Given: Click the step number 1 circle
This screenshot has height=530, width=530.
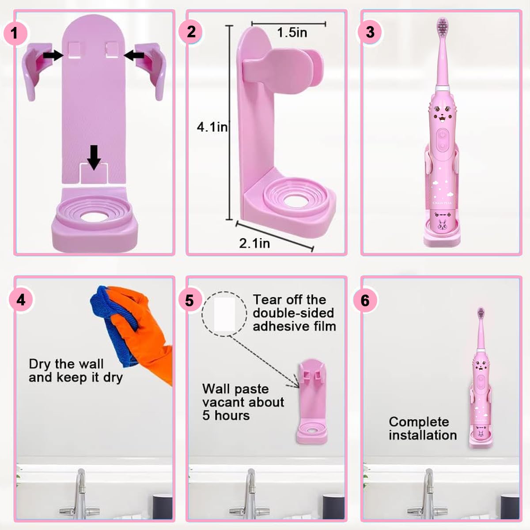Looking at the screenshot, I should coord(15,33).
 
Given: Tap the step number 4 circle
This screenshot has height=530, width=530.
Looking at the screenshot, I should coord(21,300).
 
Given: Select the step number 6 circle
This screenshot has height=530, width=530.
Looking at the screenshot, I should coord(365,300).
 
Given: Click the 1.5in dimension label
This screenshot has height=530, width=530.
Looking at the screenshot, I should coord(292,33).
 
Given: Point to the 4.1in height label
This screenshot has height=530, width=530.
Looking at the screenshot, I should coord(212,127).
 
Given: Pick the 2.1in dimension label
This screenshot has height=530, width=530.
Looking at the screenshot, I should coord(254,243).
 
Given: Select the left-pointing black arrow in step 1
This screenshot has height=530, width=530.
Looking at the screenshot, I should coord(135,55).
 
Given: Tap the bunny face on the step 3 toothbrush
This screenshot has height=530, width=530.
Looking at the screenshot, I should coord(442,117).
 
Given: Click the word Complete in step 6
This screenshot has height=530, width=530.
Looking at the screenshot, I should coord(419,422).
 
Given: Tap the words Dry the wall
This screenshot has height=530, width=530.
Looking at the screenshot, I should coord(66,364).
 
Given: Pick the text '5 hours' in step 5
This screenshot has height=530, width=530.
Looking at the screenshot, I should coord(226,416).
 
